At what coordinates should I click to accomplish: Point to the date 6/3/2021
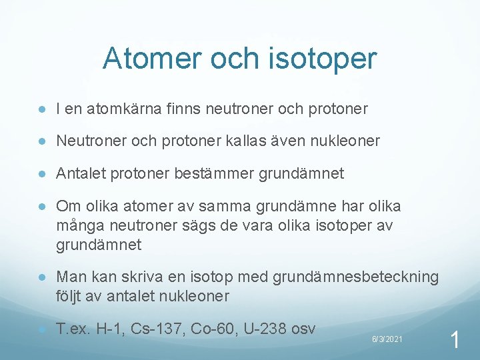387,340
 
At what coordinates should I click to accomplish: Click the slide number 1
455,341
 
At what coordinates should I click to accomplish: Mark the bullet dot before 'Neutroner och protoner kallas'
42,141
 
